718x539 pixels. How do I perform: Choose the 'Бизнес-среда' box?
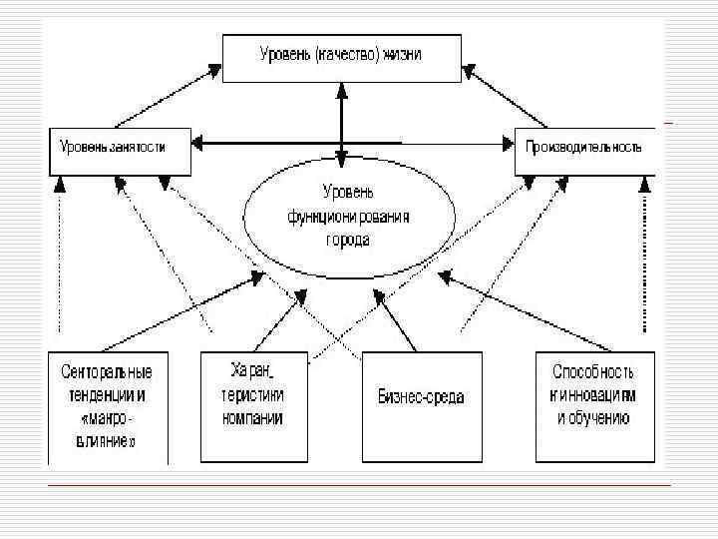tap(422, 404)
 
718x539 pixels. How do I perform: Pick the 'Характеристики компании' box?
tap(253, 404)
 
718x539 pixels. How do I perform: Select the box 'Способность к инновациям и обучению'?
tap(594, 404)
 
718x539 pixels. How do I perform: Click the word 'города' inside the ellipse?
tap(346, 240)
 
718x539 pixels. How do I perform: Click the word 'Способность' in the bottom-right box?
tap(592, 371)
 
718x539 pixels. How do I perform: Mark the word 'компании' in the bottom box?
tap(253, 418)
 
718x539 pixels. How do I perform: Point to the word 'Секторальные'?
tap(107, 373)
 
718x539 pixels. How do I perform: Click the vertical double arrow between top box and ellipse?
tap(341, 125)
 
